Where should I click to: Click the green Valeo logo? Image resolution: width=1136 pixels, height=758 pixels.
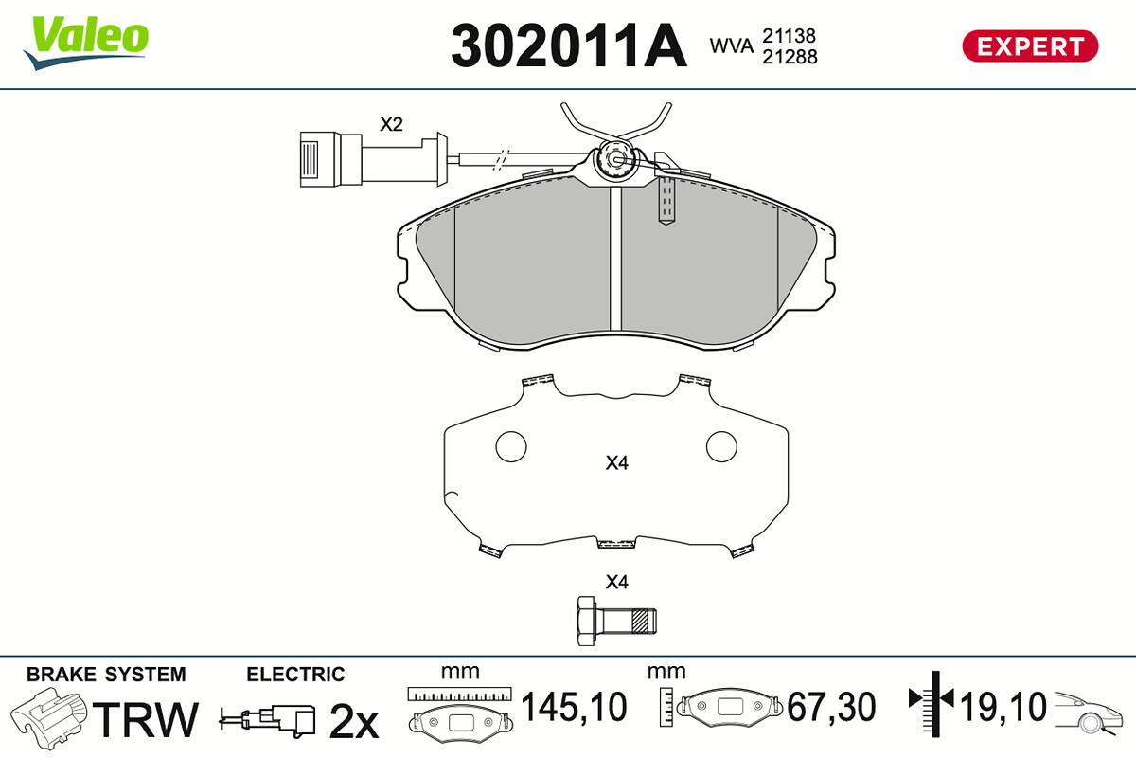pyautogui.click(x=86, y=42)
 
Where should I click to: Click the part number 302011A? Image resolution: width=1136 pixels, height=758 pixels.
pyautogui.click(x=569, y=46)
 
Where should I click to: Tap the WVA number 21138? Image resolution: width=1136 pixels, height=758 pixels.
pyautogui.click(x=790, y=36)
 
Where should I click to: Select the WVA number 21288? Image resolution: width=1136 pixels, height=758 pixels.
pyautogui.click(x=790, y=57)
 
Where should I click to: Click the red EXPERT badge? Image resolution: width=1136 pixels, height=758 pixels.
pyautogui.click(x=1030, y=46)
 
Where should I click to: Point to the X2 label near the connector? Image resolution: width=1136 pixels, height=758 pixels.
pyautogui.click(x=392, y=124)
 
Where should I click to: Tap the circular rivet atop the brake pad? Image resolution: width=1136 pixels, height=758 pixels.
pyautogui.click(x=615, y=159)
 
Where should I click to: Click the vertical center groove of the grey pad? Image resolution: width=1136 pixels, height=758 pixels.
pyautogui.click(x=615, y=259)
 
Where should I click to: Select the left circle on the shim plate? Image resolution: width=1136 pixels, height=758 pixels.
pyautogui.click(x=511, y=447)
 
